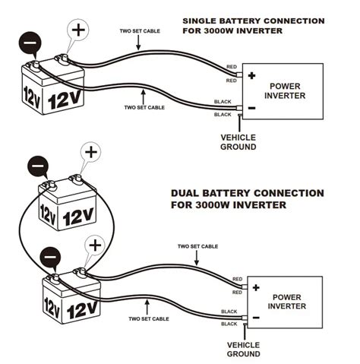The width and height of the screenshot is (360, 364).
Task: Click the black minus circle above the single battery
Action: click(x=30, y=43)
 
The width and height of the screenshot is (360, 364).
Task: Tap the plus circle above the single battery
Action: click(x=78, y=31)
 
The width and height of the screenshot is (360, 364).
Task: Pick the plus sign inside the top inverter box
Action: click(x=251, y=76)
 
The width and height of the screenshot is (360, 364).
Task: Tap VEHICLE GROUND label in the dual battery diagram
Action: click(x=244, y=349)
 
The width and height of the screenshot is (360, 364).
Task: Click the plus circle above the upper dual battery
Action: click(x=91, y=150)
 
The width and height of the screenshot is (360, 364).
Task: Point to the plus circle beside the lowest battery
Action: click(x=95, y=245)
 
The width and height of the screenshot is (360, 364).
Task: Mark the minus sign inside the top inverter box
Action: click(x=251, y=107)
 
